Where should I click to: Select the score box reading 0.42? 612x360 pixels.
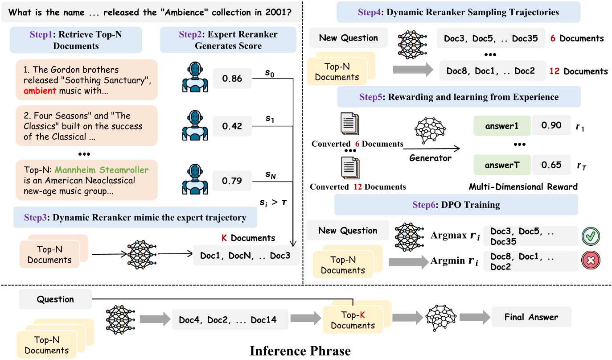231,126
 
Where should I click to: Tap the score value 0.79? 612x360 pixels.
231,181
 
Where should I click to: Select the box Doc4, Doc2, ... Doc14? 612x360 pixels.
228,319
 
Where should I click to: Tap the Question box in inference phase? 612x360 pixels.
55,299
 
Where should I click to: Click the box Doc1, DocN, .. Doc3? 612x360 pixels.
246,257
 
